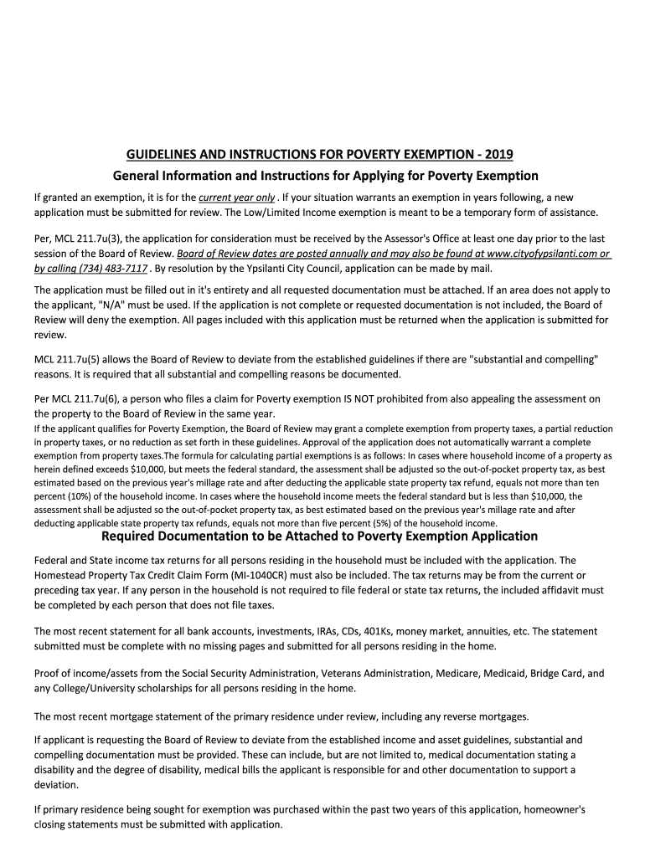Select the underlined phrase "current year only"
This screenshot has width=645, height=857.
pyautogui.click(x=236, y=198)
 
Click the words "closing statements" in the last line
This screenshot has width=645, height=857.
pyautogui.click(x=75, y=824)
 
